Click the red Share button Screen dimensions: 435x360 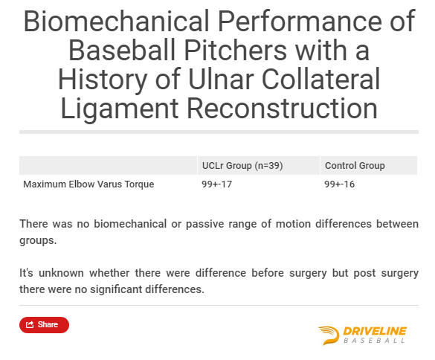[x=44, y=325]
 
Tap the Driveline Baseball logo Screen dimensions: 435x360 [x=362, y=335]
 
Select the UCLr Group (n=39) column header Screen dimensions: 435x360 [x=242, y=166]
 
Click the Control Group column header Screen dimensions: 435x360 [x=355, y=166]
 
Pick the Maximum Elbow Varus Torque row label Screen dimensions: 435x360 [x=88, y=184]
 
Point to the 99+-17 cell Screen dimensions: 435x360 [x=216, y=184]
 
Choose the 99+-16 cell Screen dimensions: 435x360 [x=340, y=184]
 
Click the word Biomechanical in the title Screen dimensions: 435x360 [x=117, y=21]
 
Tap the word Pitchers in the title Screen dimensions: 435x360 [x=235, y=51]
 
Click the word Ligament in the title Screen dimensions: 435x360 [x=120, y=109]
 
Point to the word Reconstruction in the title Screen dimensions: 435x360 [x=283, y=108]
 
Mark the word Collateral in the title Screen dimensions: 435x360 [x=320, y=79]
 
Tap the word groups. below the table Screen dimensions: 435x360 [x=38, y=241]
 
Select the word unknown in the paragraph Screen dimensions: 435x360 [x=61, y=273]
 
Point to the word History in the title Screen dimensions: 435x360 [x=103, y=80]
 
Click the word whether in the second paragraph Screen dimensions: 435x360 [x=109, y=273]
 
